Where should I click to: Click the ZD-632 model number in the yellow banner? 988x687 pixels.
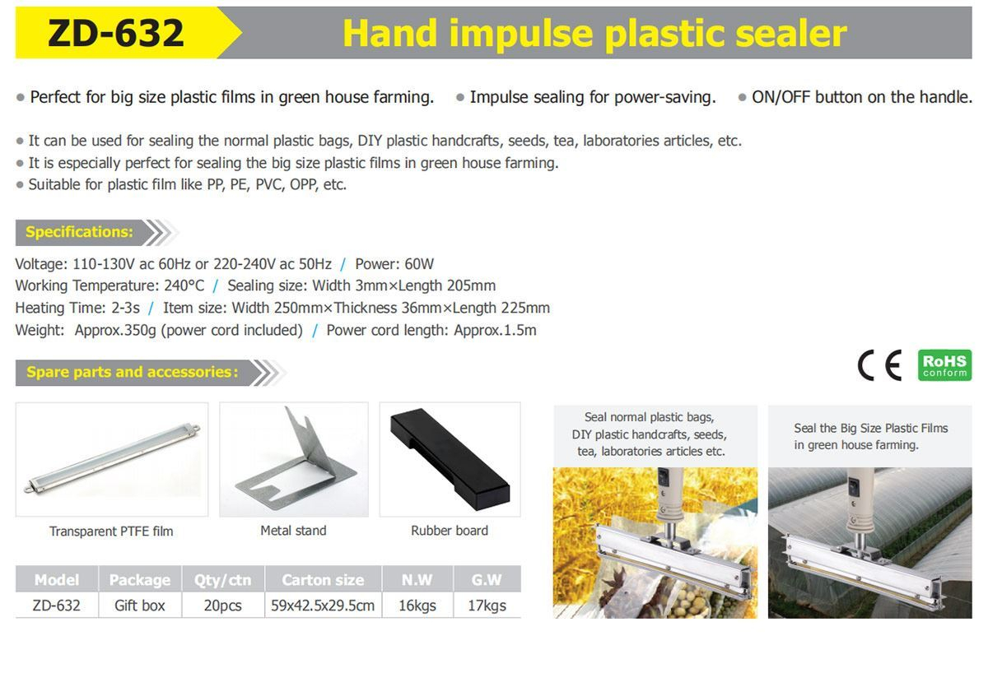pos(115,33)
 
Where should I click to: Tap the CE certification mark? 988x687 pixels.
pos(880,364)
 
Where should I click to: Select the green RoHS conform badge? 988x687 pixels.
pos(944,364)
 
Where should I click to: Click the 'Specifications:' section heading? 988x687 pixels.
pos(79,232)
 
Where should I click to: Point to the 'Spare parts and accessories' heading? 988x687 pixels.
pos(132,372)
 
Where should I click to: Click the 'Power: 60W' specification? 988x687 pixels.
pos(394,264)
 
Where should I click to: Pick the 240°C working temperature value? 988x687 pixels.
pos(184,285)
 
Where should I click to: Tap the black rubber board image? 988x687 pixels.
pos(450,458)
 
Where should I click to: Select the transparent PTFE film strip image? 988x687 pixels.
pos(113,459)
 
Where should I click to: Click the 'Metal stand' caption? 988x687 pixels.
pos(293,531)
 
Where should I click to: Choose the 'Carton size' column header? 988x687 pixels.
pos(323,580)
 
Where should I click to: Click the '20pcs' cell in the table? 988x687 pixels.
pos(223,606)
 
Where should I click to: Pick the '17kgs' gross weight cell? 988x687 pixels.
pos(487,606)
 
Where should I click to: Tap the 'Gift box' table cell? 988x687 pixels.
pos(139,606)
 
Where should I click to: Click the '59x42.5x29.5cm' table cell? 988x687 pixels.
pos(323,606)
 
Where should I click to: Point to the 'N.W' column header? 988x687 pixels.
pos(417,580)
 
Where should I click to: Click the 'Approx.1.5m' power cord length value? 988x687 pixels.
pos(495,330)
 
